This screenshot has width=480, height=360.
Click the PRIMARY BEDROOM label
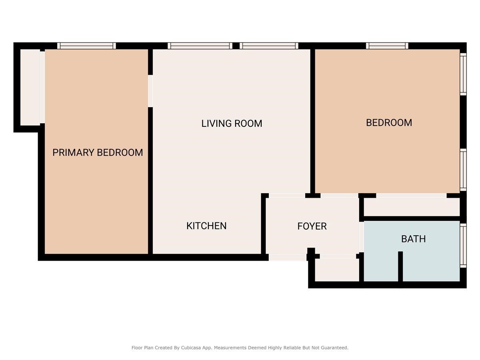pyautogui.click(x=98, y=152)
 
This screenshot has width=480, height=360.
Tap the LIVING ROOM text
pyautogui.click(x=232, y=123)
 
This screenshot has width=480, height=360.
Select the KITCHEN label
pyautogui.click(x=206, y=226)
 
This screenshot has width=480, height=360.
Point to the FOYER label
pyautogui.click(x=312, y=226)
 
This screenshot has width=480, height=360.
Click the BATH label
pyautogui.click(x=413, y=239)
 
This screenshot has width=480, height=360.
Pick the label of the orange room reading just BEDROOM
pyautogui.click(x=389, y=123)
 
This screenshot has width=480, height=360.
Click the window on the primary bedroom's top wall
pyautogui.click(x=86, y=46)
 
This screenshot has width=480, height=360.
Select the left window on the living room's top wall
pyautogui.click(x=200, y=46)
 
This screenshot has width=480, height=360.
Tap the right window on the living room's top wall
pyautogui.click(x=269, y=46)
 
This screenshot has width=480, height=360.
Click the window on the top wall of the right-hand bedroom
pyautogui.click(x=387, y=46)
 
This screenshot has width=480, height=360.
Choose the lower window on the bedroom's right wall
pyautogui.click(x=463, y=169)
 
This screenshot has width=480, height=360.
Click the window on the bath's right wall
pyautogui.click(x=463, y=245)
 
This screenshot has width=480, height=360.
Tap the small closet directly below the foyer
pyautogui.click(x=337, y=270)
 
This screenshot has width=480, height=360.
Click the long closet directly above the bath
pyautogui.click(x=412, y=207)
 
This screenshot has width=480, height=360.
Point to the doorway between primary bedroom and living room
pyautogui.click(x=150, y=91)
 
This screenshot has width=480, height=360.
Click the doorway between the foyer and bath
pyautogui.click(x=361, y=237)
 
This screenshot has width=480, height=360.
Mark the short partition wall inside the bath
pyautogui.click(x=400, y=266)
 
